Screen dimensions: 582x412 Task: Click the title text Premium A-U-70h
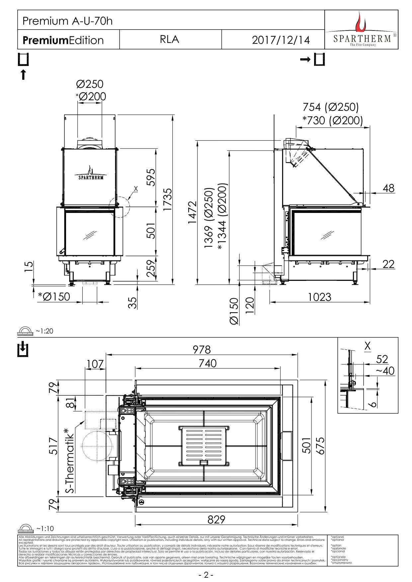click(67, 21)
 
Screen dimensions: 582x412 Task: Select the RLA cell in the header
click(169, 39)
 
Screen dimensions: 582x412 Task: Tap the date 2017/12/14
click(281, 40)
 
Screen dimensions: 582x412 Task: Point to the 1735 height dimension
click(168, 199)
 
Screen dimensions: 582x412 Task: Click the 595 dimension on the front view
click(151, 177)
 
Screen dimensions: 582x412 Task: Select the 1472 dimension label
click(192, 212)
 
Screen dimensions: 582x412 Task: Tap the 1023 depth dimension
click(319, 297)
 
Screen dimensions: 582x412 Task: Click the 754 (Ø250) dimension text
click(331, 107)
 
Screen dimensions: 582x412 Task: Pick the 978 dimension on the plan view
click(202, 350)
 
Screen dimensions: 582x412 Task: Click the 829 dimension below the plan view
click(216, 519)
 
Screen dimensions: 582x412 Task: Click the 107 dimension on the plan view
click(95, 364)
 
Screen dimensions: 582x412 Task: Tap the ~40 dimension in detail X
click(385, 371)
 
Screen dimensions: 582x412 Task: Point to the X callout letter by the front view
click(135, 189)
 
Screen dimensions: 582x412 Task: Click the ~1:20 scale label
click(44, 331)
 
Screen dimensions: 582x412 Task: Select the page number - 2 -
click(206, 575)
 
